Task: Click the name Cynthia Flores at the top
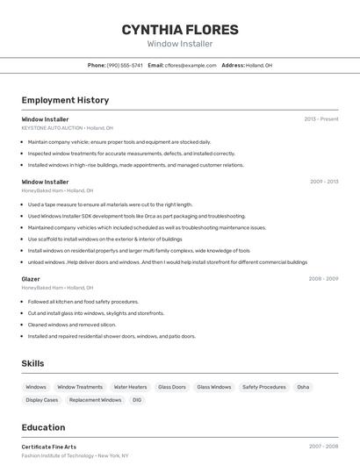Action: tap(179, 30)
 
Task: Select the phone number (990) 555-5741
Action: tap(125, 65)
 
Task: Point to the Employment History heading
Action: tap(65, 100)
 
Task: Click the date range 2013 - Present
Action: tap(321, 119)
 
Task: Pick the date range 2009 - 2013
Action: tap(324, 182)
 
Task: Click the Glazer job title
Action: tap(31, 279)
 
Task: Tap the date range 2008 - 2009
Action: tap(323, 279)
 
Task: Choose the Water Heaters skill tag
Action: tap(130, 387)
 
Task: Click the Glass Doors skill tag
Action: tap(172, 387)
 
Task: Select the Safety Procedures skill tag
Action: tap(264, 387)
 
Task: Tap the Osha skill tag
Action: tap(303, 387)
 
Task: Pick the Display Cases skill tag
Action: tap(42, 400)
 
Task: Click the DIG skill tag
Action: tap(137, 400)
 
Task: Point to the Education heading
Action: tap(43, 427)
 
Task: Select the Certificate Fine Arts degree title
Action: tap(49, 447)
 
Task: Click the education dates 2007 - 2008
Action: tap(323, 447)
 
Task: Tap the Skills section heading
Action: tap(32, 363)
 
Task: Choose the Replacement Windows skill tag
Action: tap(96, 400)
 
